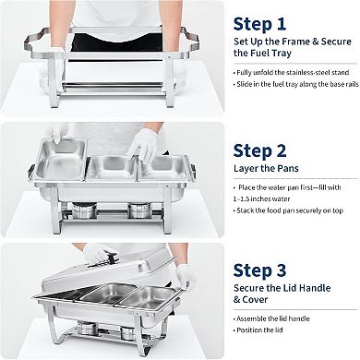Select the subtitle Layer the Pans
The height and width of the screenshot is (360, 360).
tap(268, 167)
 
